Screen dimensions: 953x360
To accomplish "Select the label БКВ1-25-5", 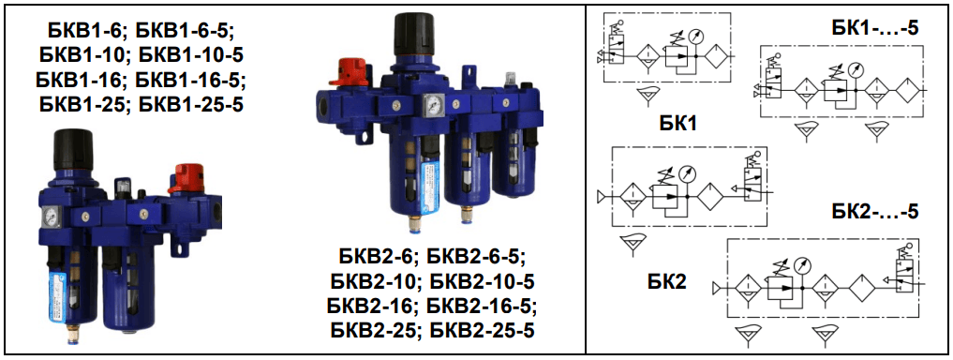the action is [191, 104].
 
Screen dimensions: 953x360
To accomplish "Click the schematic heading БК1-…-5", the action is [874, 29].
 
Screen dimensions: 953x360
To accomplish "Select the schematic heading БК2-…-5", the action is [874, 212].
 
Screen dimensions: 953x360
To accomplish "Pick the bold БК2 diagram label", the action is [667, 281].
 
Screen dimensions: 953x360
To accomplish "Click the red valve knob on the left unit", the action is [186, 177].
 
